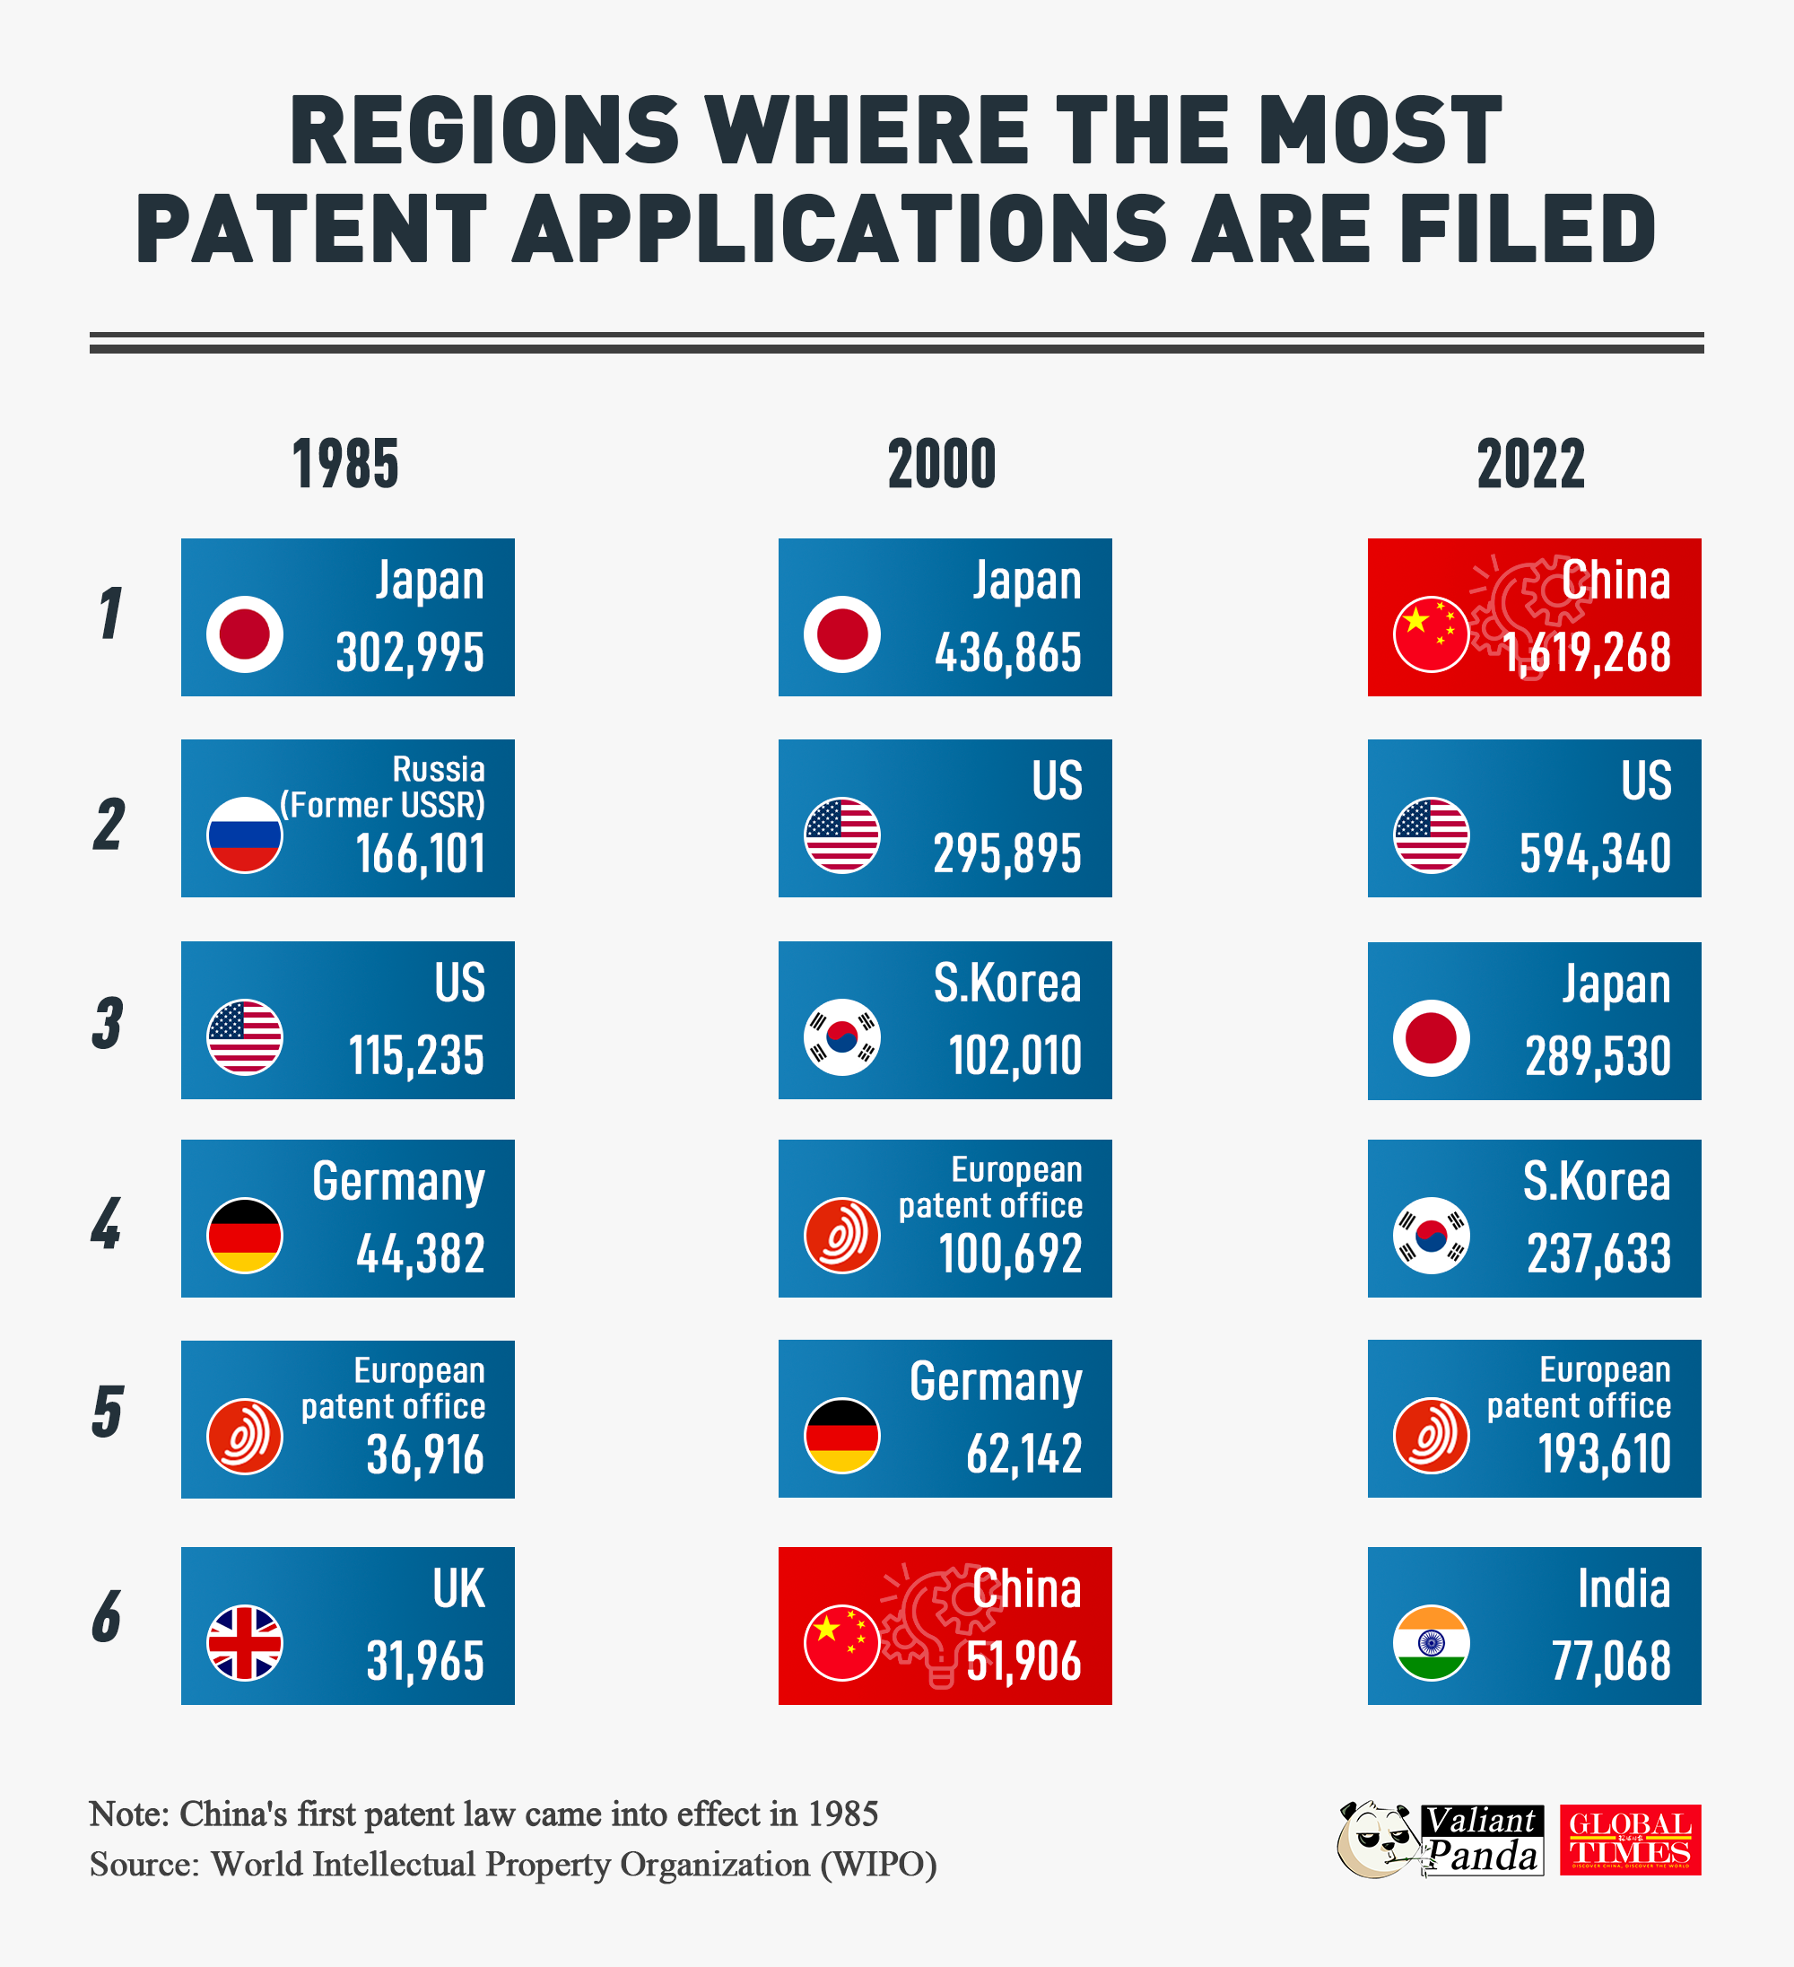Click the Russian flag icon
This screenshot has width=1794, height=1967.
click(245, 835)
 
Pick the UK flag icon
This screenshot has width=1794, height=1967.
click(245, 1642)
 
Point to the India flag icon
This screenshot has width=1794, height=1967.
click(1431, 1642)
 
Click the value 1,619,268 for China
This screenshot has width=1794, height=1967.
click(1586, 652)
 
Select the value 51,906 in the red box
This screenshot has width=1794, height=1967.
click(1023, 1661)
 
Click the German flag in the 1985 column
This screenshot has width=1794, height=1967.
click(245, 1236)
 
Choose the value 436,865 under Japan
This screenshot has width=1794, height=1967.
click(1007, 652)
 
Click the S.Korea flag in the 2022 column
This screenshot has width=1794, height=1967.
click(1431, 1236)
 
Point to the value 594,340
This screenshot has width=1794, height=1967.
click(1594, 853)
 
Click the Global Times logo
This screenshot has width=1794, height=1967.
click(1629, 1840)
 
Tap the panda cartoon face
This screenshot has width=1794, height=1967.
click(1375, 1840)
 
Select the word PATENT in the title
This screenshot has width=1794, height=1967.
click(311, 231)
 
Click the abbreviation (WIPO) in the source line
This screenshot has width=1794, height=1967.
click(878, 1865)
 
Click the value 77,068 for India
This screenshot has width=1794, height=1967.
click(1611, 1661)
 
